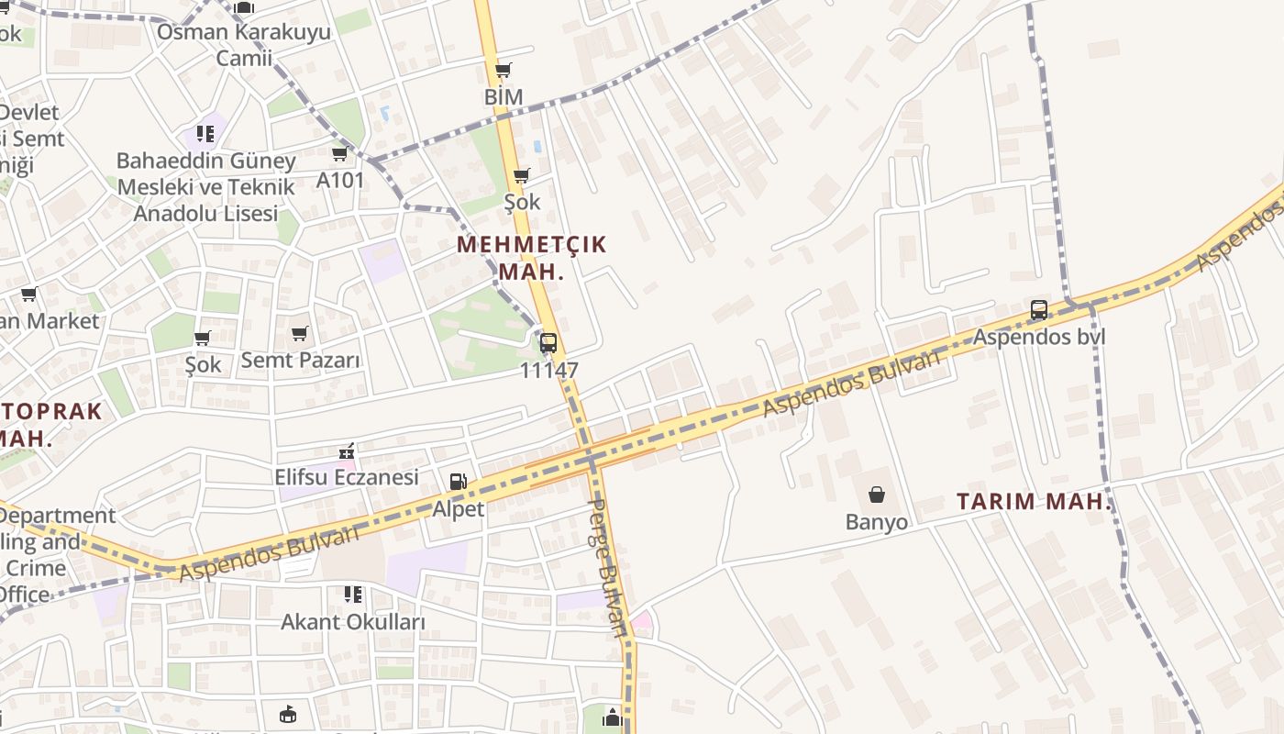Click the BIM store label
[x=504, y=96]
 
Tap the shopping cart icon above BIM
[x=503, y=70]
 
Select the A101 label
[x=340, y=180]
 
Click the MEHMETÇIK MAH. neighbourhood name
[x=531, y=258]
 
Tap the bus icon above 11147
[x=548, y=343]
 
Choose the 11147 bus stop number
[x=548, y=371]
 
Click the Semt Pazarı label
[x=301, y=360]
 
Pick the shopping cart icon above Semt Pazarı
[x=300, y=333]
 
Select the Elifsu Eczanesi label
[x=347, y=477]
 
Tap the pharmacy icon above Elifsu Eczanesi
[x=347, y=451]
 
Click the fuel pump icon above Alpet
[x=457, y=482]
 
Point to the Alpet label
[x=458, y=508]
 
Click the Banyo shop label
[x=877, y=522]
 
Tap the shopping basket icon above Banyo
[x=877, y=495]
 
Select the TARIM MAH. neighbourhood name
[x=1034, y=502]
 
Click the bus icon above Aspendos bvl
[x=1039, y=310]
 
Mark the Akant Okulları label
[x=353, y=622]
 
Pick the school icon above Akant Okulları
[x=353, y=595]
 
